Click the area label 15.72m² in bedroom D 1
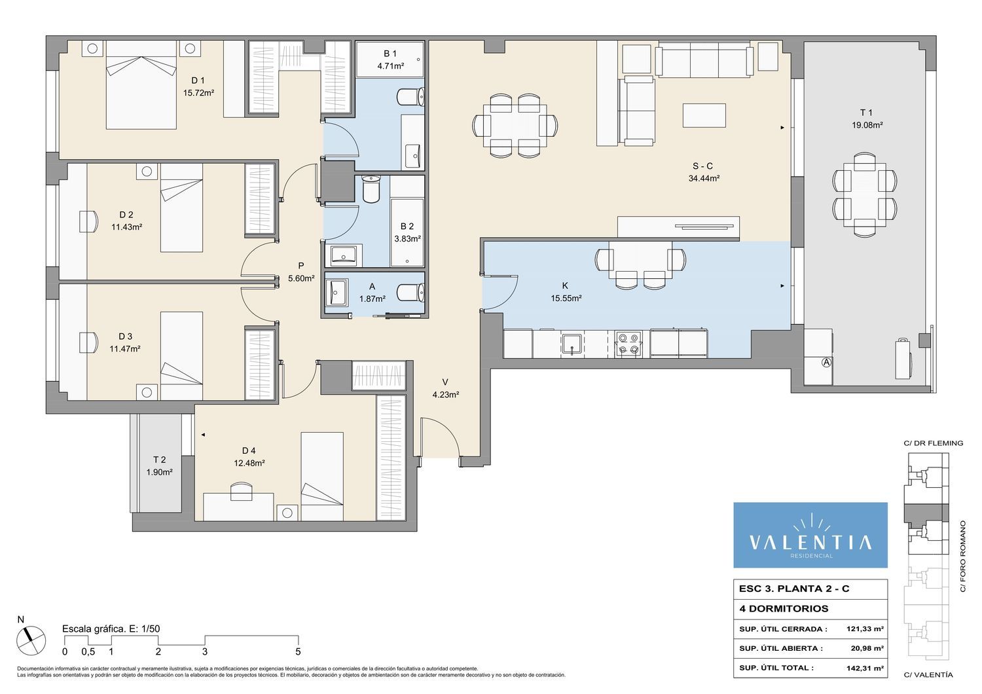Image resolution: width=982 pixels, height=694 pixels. [198, 93]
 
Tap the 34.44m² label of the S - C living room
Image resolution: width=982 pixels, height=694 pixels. [704, 179]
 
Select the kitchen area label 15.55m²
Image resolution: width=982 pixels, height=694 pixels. [566, 299]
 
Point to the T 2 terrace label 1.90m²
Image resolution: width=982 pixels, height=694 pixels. [159, 472]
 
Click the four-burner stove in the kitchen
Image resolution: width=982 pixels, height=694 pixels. [628, 343]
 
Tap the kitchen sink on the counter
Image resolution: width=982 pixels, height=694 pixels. [572, 344]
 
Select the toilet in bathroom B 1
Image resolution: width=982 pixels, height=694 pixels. [410, 96]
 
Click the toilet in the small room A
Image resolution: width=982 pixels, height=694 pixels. [410, 293]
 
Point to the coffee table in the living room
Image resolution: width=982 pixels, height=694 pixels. [704, 115]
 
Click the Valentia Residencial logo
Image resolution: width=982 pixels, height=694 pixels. [810, 536]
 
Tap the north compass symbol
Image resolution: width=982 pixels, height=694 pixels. [31, 639]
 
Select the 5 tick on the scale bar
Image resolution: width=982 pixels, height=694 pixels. [298, 651]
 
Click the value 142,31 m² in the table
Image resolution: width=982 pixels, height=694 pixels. [865, 668]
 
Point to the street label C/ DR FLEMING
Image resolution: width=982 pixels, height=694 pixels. [934, 443]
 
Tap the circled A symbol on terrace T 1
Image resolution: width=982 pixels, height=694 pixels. [826, 363]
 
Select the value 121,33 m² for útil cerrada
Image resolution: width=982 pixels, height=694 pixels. [865, 629]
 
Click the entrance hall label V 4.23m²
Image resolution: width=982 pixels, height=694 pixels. [445, 388]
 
